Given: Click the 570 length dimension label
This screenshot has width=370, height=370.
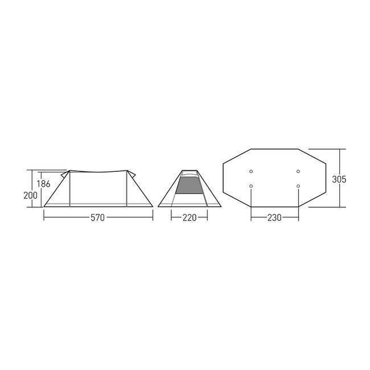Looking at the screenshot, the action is pos(97,217).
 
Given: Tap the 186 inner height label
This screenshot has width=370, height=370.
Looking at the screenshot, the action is pos(43,184).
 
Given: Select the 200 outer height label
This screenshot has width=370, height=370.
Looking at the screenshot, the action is pos(30,195).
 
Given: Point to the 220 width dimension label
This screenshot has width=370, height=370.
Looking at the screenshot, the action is pos(190,217).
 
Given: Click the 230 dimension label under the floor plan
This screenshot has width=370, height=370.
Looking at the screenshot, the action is pos(274,217).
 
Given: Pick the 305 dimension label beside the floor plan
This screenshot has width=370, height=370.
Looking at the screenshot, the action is pos(339,179).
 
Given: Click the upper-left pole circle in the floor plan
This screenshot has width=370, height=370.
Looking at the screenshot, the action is pos(251,171).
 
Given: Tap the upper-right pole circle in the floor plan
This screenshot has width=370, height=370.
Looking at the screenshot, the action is pos(298,171).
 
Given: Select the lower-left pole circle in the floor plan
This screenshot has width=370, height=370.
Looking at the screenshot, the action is pos(251,186).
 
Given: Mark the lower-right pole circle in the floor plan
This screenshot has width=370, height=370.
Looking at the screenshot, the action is pos(298,186).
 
